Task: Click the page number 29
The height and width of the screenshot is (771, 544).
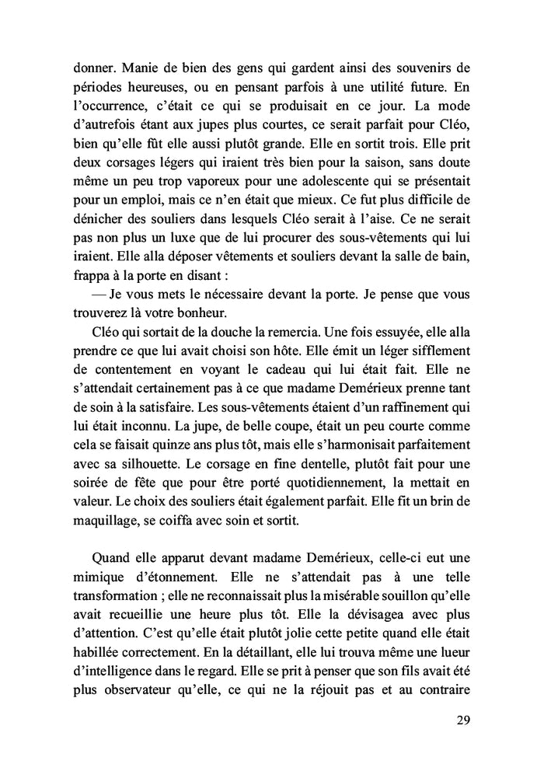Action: click(462, 720)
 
